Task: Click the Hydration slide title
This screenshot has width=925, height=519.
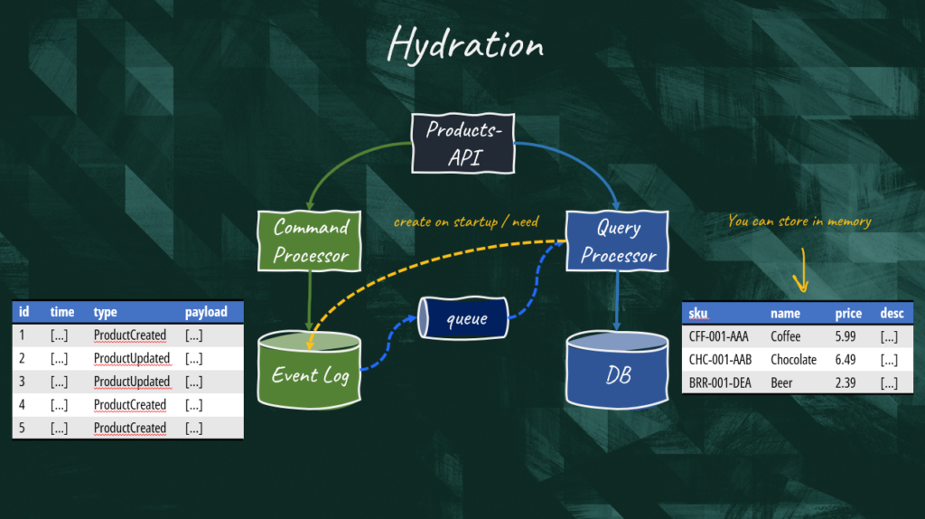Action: pos(465,43)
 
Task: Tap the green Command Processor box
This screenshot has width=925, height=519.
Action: pos(310,241)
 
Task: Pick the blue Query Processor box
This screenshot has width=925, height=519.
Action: pos(619,241)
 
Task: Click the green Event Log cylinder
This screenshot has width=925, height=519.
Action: pos(310,371)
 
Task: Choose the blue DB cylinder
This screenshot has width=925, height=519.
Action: pos(618,371)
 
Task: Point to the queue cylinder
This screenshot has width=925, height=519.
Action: pos(465,318)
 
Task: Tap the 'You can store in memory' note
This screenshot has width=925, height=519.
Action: pos(799,221)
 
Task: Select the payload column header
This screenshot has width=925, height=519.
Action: pos(206,312)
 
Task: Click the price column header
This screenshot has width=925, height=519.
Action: pos(848,314)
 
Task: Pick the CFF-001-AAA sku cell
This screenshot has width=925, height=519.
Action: pos(718,336)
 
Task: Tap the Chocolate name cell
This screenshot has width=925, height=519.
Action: pos(793,360)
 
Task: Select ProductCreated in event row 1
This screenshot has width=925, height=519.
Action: pos(130,335)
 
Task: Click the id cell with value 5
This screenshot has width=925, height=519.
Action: pos(22,428)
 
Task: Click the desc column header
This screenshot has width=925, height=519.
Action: pos(892,314)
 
